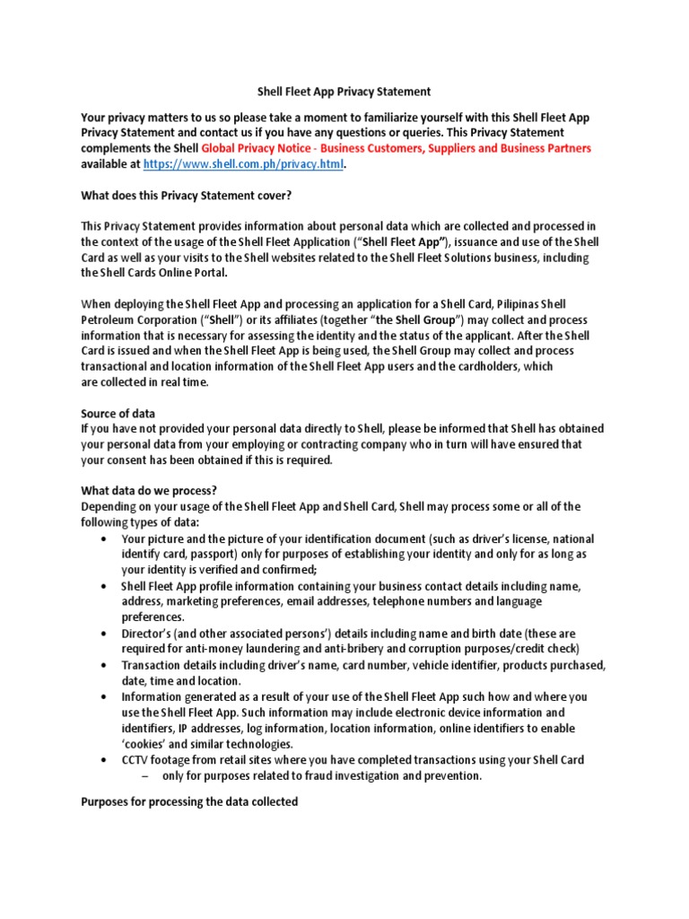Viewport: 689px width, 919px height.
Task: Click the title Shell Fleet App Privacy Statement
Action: coord(344,91)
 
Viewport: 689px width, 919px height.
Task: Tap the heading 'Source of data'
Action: coord(118,414)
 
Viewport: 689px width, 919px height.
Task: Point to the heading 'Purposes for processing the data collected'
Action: coord(189,801)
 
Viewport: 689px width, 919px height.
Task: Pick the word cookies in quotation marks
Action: coord(144,744)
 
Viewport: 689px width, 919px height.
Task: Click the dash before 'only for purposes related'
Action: coord(144,776)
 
